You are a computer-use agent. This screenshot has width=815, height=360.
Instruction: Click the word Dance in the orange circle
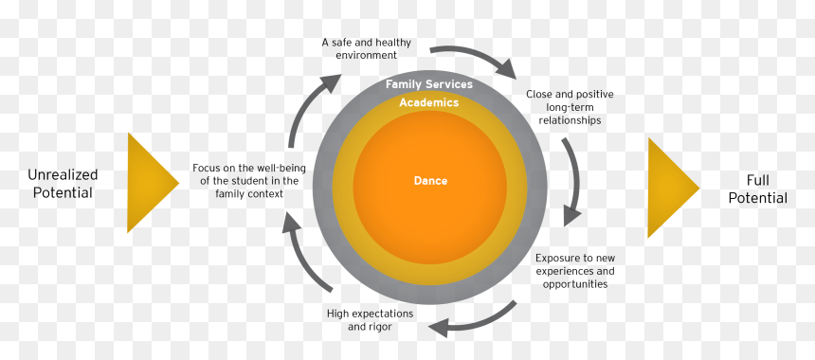[430, 181]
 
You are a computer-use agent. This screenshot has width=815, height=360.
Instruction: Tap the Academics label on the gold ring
[428, 102]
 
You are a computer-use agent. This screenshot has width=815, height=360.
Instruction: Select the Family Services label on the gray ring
[428, 84]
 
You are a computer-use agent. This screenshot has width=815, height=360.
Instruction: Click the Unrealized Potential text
[63, 184]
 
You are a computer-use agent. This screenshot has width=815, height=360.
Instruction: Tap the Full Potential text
[757, 189]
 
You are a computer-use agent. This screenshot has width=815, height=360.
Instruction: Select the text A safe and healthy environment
[367, 48]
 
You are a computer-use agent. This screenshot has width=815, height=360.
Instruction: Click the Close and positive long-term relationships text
[570, 107]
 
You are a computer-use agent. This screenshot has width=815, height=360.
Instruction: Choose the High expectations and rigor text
[371, 320]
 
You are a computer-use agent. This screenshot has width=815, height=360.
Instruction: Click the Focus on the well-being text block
[249, 181]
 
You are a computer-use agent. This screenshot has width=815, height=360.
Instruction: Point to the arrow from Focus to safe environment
[307, 108]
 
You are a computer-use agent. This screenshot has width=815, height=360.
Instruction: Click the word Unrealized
[63, 175]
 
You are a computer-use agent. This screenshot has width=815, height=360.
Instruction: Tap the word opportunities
[575, 284]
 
